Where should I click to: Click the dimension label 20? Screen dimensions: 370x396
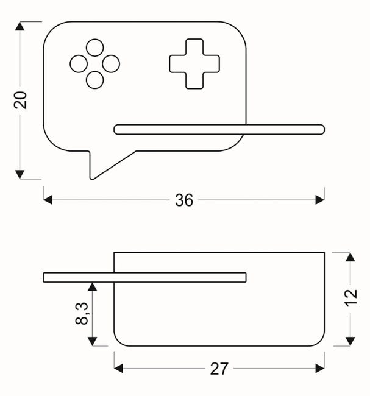[20, 101]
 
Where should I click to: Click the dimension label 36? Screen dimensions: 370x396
[184, 200]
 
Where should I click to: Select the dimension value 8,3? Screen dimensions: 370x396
[82, 313]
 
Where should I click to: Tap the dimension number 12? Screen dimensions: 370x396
[350, 298]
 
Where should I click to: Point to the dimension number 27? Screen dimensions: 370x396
[219, 369]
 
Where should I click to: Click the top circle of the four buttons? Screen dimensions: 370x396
[94, 48]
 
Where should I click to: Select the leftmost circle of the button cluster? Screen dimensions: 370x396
[79, 64]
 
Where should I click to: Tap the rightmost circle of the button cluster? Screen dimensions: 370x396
[111, 64]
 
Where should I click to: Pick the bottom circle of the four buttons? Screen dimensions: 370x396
[94, 80]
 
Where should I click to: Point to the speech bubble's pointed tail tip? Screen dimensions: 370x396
[92, 179]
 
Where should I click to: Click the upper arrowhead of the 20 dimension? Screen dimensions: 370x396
[20, 26]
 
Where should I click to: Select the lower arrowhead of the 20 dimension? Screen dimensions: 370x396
[20, 174]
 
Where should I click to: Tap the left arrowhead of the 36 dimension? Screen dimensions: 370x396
[48, 200]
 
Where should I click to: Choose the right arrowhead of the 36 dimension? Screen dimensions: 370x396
[320, 200]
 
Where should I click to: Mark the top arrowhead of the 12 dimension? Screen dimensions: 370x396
[350, 257]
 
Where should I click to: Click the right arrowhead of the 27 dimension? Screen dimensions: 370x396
[320, 369]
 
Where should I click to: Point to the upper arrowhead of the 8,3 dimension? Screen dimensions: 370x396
[92, 287]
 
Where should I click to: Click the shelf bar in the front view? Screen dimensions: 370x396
[219, 130]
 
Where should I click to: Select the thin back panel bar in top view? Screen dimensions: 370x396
[144, 277]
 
